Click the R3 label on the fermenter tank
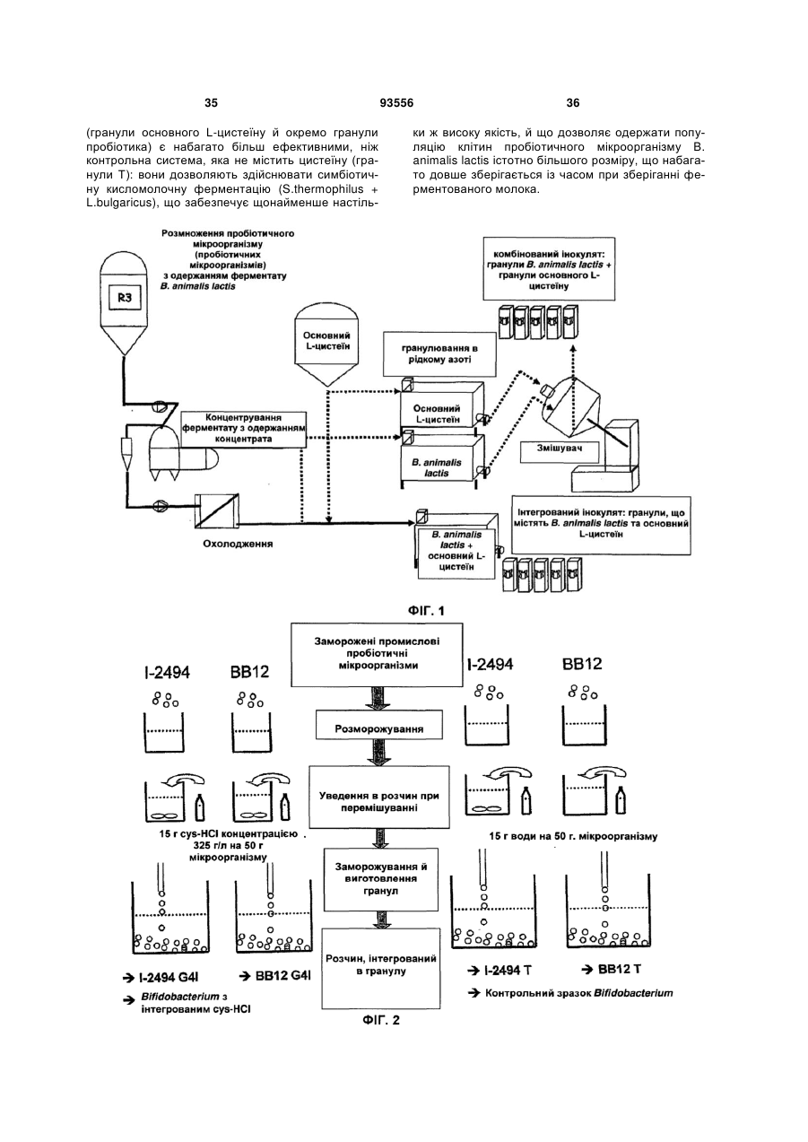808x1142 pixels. tap(125, 298)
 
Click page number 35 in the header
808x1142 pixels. tap(211, 103)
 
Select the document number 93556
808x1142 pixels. tap(396, 103)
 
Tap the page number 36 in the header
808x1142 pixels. tap(573, 103)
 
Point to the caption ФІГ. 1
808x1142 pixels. tap(426, 610)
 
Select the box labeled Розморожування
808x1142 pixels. tap(378, 728)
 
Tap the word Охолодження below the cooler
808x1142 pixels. tap(238, 544)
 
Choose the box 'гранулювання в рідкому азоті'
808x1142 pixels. tap(439, 355)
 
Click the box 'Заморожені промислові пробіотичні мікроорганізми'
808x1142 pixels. tap(377, 654)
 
